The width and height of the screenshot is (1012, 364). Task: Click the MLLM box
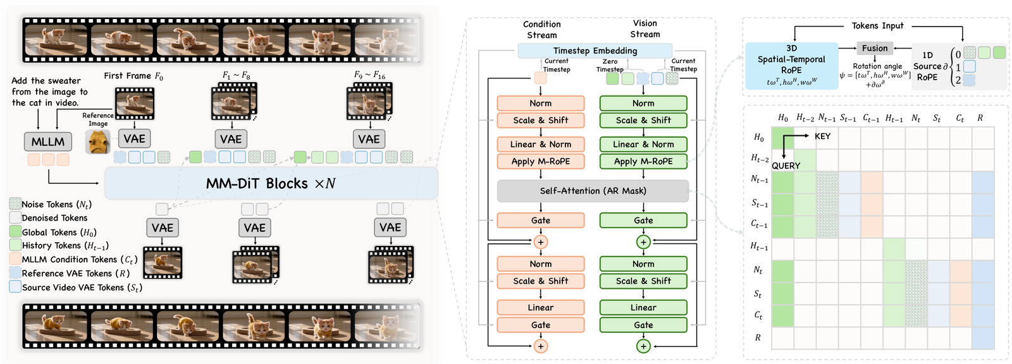click(48, 142)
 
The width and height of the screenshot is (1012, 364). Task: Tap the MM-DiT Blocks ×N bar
click(271, 183)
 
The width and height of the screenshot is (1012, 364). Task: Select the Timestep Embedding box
click(595, 51)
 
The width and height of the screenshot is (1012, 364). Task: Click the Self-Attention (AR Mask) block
click(593, 191)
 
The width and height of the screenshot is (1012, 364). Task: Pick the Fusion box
click(875, 48)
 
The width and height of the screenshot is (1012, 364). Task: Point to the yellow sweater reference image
click(98, 142)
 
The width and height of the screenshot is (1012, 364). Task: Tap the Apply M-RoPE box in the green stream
click(643, 161)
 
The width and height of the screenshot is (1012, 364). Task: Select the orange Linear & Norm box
click(541, 144)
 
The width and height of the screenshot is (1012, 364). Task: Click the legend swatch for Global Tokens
click(15, 232)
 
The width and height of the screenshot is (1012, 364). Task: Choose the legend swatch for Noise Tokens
click(15, 203)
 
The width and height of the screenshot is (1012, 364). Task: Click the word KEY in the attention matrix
click(823, 136)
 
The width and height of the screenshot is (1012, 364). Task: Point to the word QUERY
click(786, 166)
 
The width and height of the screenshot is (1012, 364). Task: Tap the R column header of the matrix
click(980, 118)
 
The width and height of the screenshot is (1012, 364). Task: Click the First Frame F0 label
click(133, 76)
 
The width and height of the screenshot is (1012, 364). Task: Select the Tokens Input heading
click(877, 26)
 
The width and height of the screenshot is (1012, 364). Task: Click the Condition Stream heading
click(541, 29)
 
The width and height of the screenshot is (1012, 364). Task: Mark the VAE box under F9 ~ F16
click(369, 139)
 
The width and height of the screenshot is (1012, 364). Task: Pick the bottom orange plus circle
click(541, 346)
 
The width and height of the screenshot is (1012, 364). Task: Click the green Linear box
click(643, 308)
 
